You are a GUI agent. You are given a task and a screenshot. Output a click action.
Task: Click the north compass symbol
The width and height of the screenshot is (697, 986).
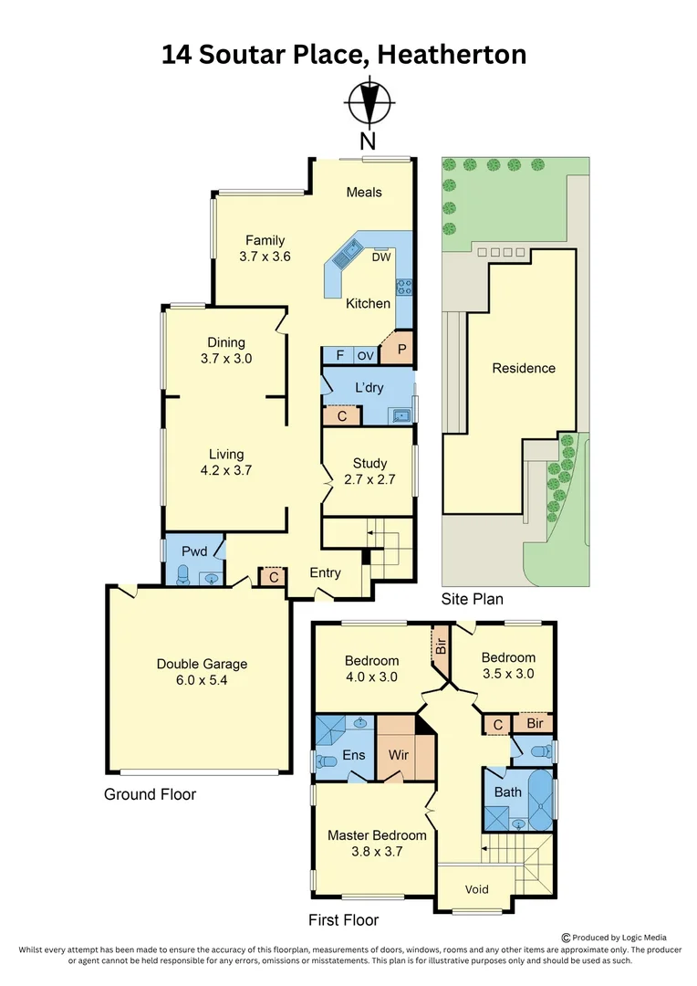click(369, 102)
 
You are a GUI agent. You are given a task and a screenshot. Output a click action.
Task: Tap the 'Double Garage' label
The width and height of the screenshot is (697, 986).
click(202, 664)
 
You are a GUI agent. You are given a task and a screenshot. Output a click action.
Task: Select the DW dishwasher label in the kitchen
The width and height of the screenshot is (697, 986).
click(381, 257)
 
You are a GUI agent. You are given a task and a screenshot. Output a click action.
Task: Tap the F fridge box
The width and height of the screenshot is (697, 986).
click(338, 355)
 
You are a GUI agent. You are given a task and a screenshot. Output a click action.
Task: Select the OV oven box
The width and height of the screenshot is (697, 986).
click(365, 355)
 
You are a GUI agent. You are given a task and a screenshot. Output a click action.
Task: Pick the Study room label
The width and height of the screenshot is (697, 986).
click(369, 463)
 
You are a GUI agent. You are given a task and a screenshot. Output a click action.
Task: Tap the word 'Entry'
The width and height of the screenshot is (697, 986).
click(325, 572)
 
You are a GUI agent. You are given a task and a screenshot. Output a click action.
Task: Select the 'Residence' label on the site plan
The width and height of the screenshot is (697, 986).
click(524, 368)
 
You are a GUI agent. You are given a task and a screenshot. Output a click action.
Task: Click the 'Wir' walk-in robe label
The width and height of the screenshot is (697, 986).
click(398, 754)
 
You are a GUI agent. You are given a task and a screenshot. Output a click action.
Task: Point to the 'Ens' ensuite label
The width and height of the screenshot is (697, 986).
click(354, 754)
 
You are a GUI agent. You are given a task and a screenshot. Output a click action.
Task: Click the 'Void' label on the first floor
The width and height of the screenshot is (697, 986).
click(477, 889)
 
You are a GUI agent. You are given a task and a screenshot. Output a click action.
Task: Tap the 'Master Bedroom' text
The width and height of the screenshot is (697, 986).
click(377, 834)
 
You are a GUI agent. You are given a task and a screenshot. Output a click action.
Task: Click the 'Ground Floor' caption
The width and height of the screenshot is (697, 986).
click(150, 793)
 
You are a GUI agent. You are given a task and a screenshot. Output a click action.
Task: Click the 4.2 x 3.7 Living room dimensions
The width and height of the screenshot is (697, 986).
click(225, 471)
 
